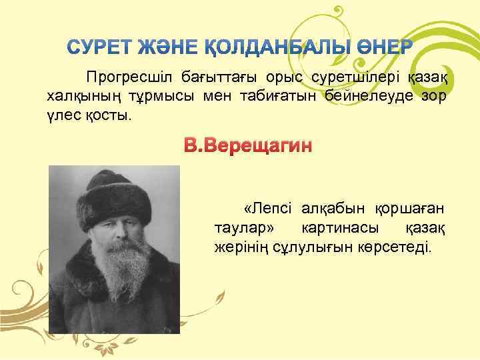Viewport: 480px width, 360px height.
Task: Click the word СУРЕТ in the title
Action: tap(97, 48)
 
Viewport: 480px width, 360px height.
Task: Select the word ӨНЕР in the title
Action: tap(385, 48)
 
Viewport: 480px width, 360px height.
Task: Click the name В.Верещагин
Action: tap(248, 145)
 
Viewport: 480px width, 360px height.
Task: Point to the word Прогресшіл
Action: tap(125, 78)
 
